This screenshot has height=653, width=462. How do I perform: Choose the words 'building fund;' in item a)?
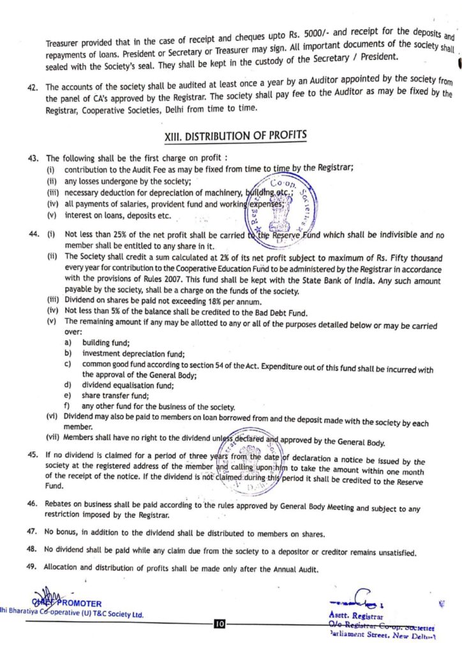[x=106, y=342]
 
